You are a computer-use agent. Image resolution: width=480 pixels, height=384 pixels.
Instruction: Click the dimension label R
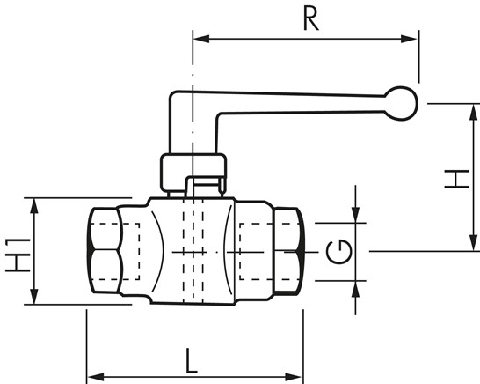point(310,19)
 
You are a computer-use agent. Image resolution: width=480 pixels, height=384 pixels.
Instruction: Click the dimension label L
point(192,361)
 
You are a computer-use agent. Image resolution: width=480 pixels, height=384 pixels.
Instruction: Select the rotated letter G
point(338,252)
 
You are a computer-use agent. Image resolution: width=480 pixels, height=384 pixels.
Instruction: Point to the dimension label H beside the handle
point(457,179)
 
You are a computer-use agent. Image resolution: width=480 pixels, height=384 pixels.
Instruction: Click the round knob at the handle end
point(402,103)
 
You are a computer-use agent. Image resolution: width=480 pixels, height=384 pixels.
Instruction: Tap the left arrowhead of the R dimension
point(201,39)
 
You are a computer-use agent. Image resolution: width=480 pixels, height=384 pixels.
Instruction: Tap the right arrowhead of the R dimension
point(409,39)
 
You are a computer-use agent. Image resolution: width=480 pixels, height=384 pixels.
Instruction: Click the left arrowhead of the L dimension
point(96,377)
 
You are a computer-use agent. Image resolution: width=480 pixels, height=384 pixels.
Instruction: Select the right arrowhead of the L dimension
point(294,377)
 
